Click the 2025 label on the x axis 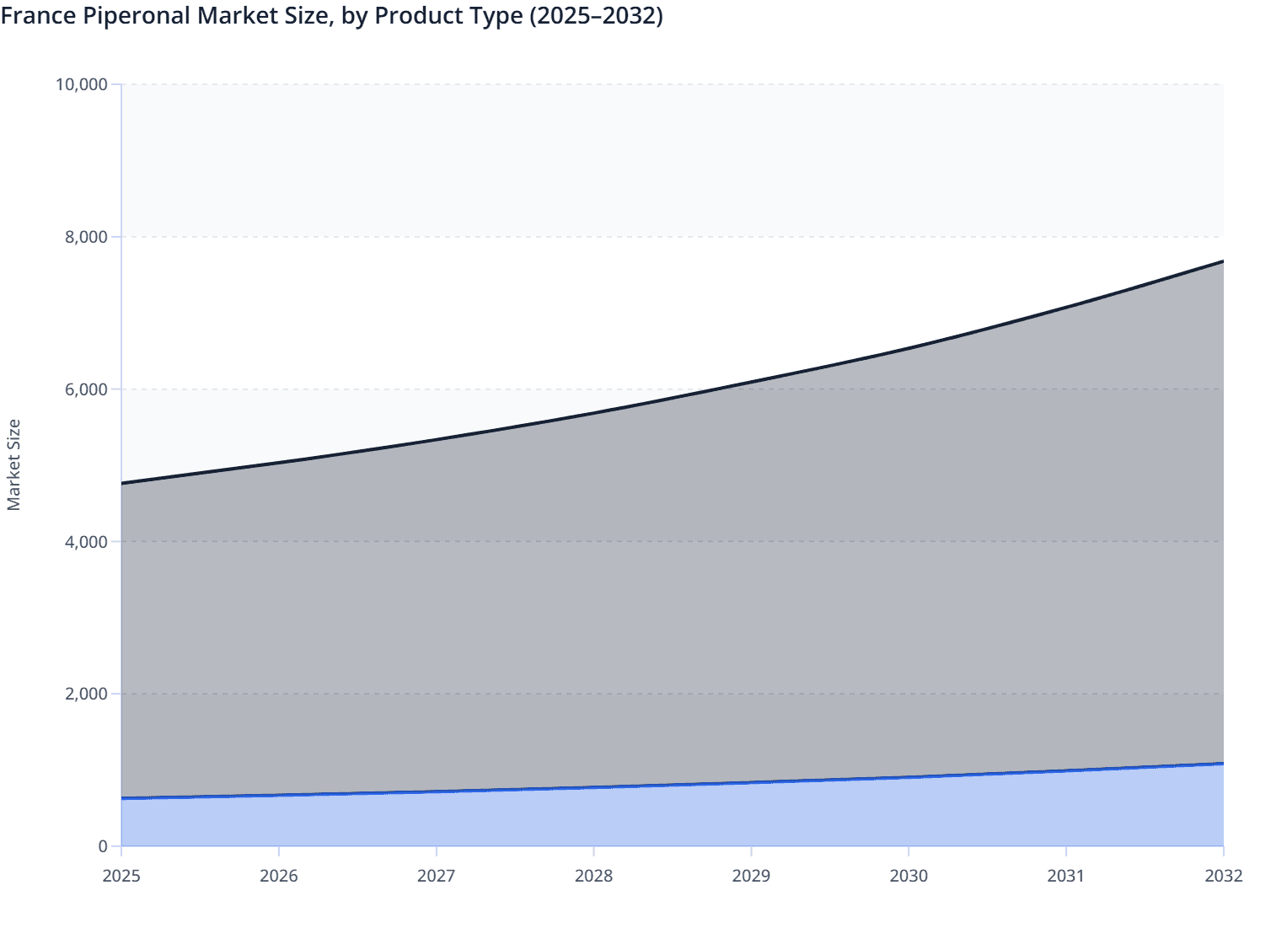click(121, 876)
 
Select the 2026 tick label click(279, 876)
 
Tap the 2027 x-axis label click(437, 876)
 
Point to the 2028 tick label click(593, 876)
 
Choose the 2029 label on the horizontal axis click(751, 876)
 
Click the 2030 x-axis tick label click(909, 876)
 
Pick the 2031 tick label click(1066, 876)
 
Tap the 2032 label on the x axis click(1223, 876)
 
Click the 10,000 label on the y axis click(81, 84)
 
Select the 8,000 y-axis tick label click(86, 237)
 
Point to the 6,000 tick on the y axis click(86, 389)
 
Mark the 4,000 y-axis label click(86, 542)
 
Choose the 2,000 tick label click(86, 695)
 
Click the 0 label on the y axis click(103, 846)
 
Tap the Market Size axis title click(13, 465)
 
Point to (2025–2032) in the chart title click(596, 15)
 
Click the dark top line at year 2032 click(1222, 261)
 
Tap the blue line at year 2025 click(123, 797)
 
